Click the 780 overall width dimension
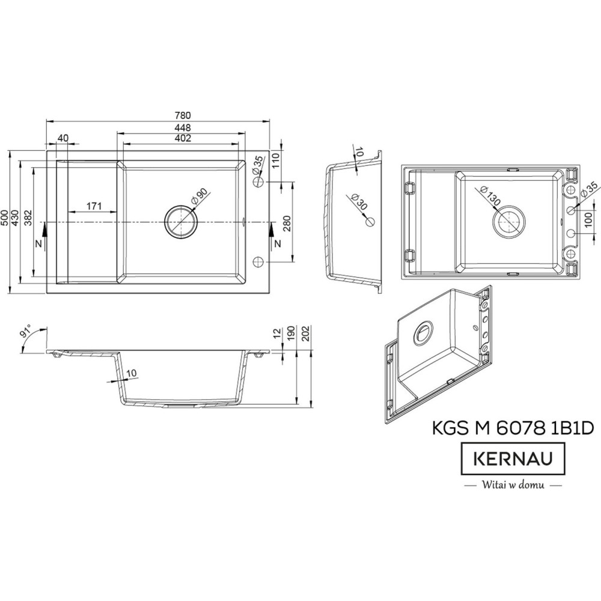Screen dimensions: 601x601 [183, 115]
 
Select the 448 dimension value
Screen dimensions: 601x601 [183, 127]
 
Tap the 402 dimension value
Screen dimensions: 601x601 [183, 138]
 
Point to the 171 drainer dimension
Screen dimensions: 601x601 [94, 206]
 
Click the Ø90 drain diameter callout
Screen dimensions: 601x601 [198, 198]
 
